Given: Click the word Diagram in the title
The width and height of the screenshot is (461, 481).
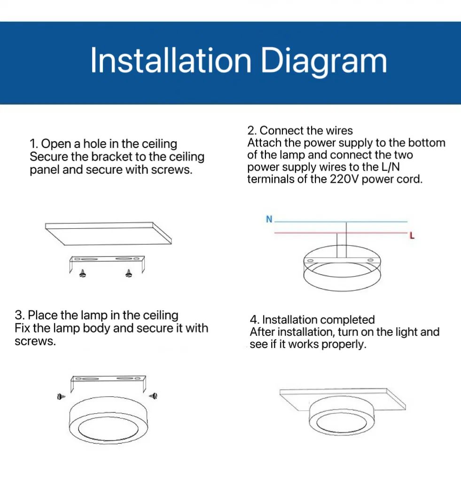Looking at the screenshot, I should point(324,62).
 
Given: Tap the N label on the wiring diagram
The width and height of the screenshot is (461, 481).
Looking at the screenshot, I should point(269,219).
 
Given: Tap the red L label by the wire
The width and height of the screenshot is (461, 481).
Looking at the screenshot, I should point(412,236).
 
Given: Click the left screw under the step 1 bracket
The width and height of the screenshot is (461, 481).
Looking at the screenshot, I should point(83,273).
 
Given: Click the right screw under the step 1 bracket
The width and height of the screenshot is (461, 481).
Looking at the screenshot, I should point(129,273).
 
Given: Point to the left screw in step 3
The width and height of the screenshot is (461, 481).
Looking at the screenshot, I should point(60,397).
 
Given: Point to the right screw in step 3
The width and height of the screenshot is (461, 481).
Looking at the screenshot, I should point(153,397).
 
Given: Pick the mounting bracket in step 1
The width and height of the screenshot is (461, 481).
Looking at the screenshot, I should point(107,260).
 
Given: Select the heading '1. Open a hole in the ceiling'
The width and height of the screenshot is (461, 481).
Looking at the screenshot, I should point(103,144).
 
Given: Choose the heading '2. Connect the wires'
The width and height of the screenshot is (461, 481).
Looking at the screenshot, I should point(300,130).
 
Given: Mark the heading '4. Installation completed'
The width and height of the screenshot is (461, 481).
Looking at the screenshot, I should point(312,320).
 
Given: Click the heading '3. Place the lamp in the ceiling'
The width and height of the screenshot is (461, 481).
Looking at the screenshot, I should point(97,315).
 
